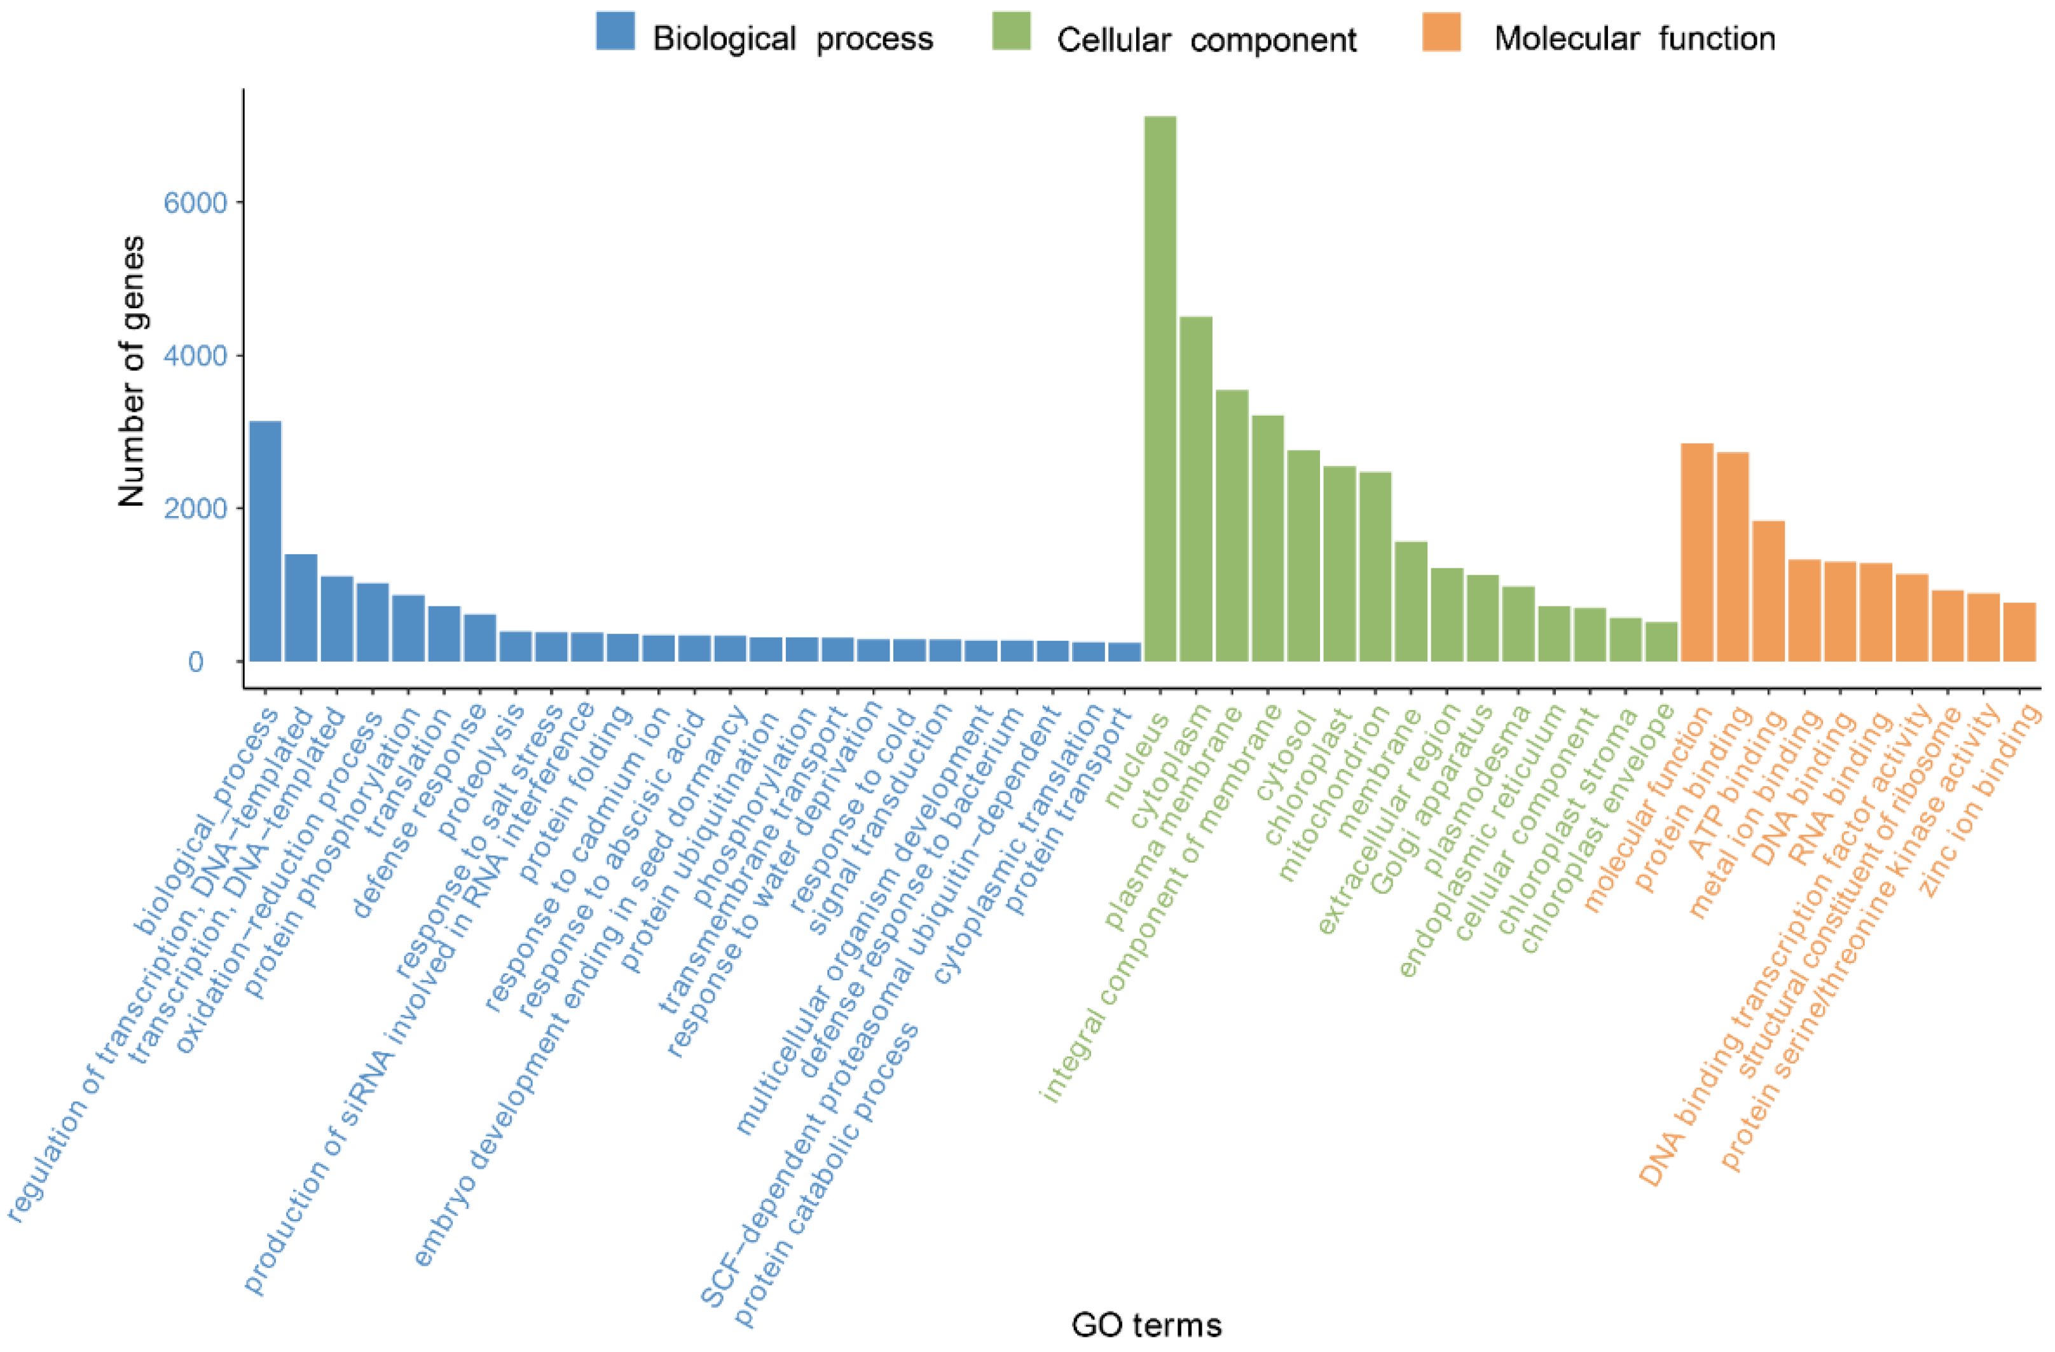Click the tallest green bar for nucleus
1160,388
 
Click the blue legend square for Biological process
615,31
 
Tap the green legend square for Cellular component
1011,31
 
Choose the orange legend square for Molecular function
1441,31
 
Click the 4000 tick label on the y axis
195,356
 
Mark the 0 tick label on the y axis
195,662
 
